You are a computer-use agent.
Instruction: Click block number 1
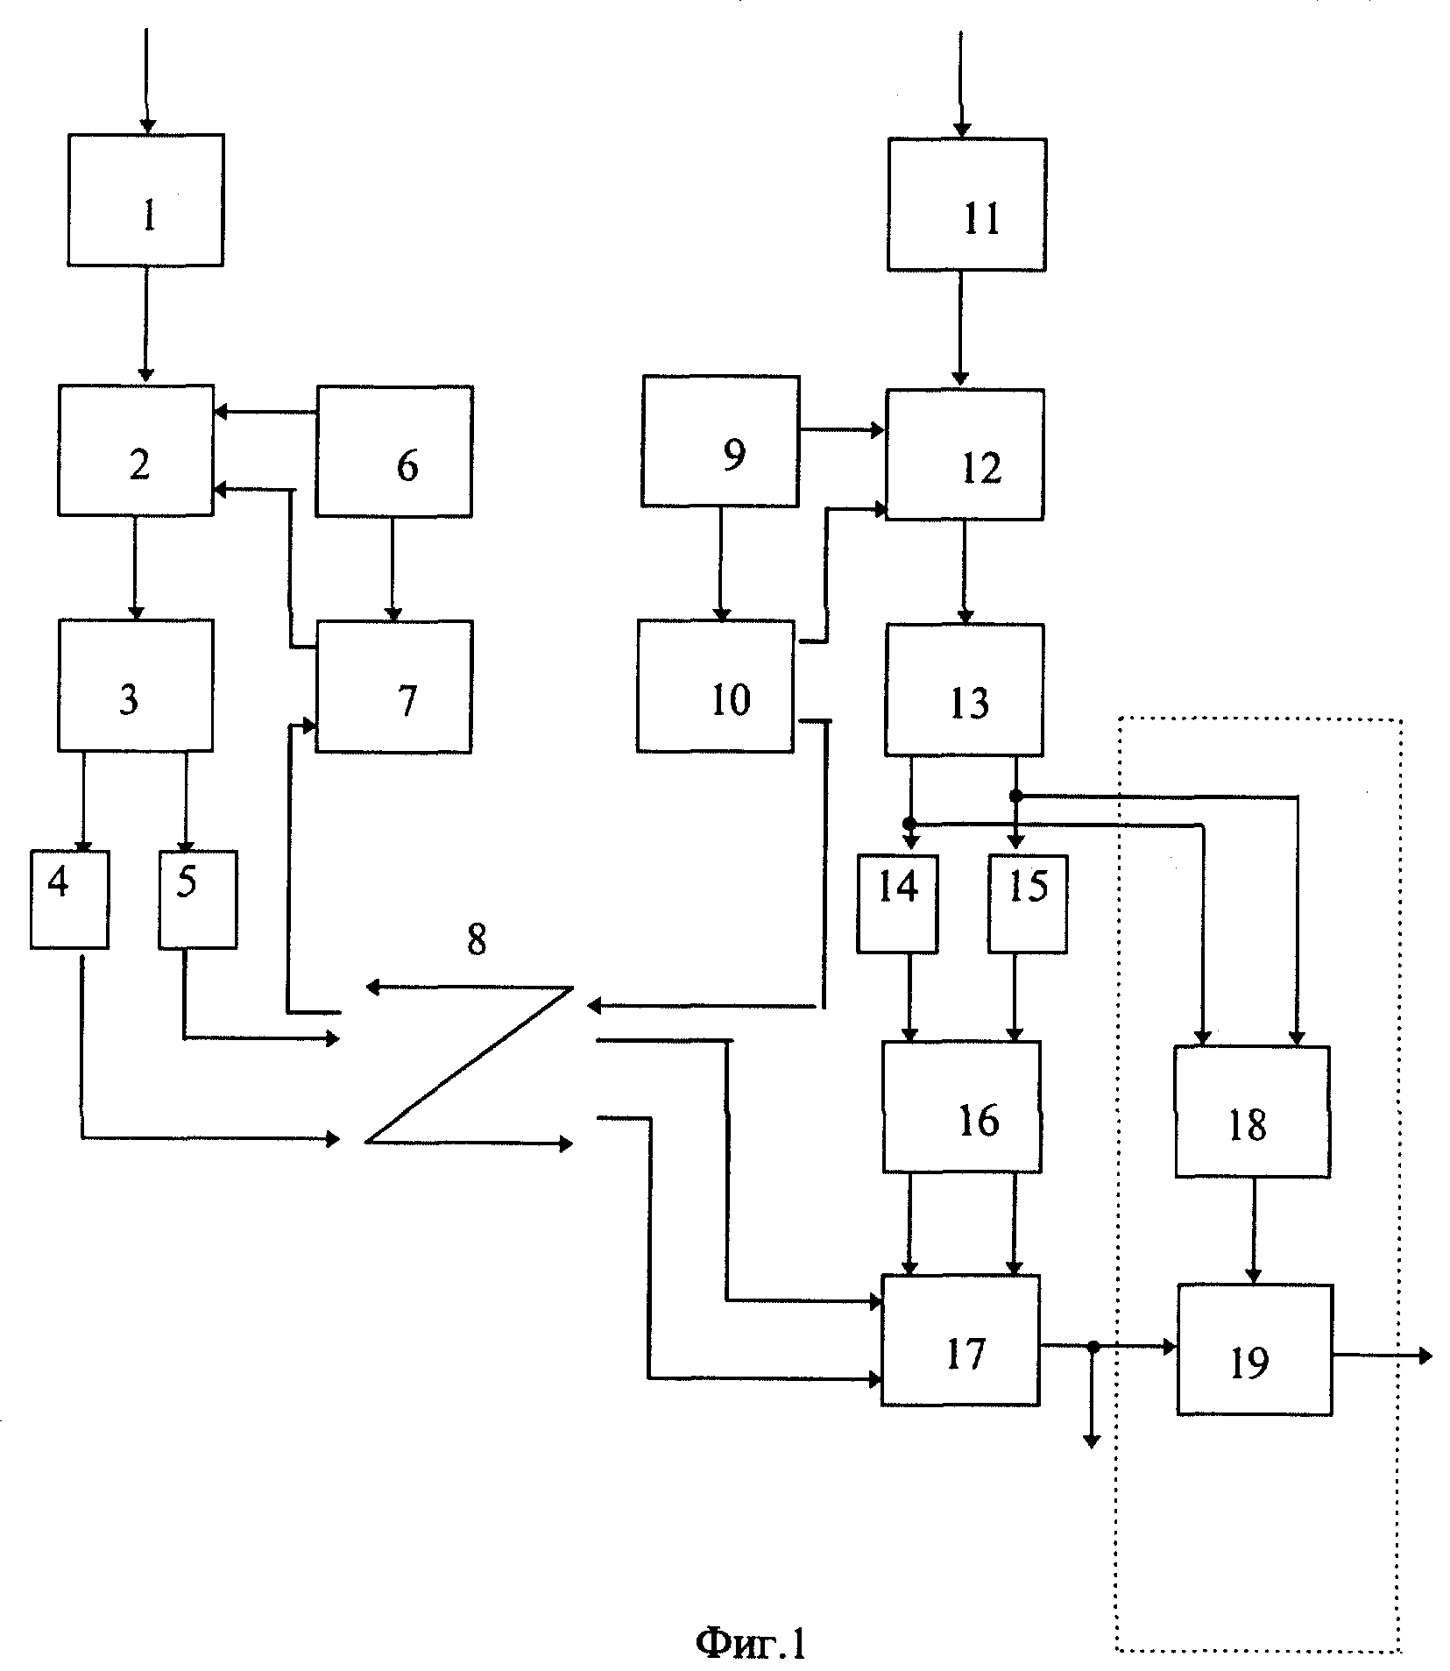pyautogui.click(x=145, y=200)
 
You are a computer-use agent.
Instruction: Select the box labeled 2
pyautogui.click(x=136, y=450)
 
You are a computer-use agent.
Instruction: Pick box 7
pyautogui.click(x=394, y=687)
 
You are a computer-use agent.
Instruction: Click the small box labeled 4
pyautogui.click(x=70, y=899)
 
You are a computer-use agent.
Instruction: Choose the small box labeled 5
pyautogui.click(x=198, y=899)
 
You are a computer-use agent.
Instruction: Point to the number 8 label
pyautogui.click(x=476, y=940)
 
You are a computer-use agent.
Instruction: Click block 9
pyautogui.click(x=720, y=442)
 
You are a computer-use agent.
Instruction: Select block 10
pyautogui.click(x=716, y=687)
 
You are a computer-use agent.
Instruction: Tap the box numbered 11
pyautogui.click(x=967, y=204)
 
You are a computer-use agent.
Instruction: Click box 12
pyautogui.click(x=965, y=455)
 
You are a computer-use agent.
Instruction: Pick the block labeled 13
pyautogui.click(x=965, y=690)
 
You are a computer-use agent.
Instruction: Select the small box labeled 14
pyautogui.click(x=897, y=903)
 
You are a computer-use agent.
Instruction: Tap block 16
pyautogui.click(x=962, y=1107)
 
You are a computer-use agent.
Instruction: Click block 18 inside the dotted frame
pyautogui.click(x=1252, y=1111)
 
